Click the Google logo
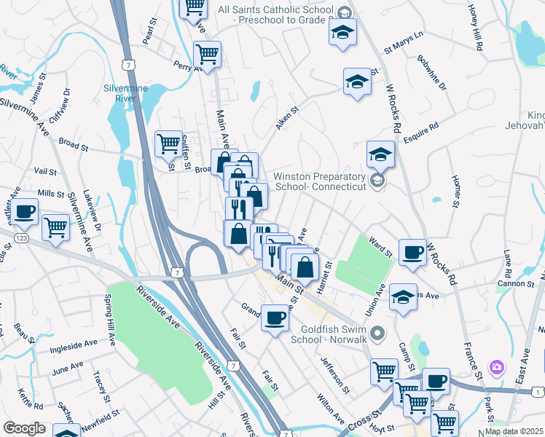pos(25,428)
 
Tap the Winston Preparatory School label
pos(318,181)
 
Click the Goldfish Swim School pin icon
pos(377,334)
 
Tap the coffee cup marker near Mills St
pos(24,212)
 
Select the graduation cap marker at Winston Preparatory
pos(380,154)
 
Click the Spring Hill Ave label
pos(110,320)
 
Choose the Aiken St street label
pos(287,119)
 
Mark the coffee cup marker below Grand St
pos(275,318)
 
